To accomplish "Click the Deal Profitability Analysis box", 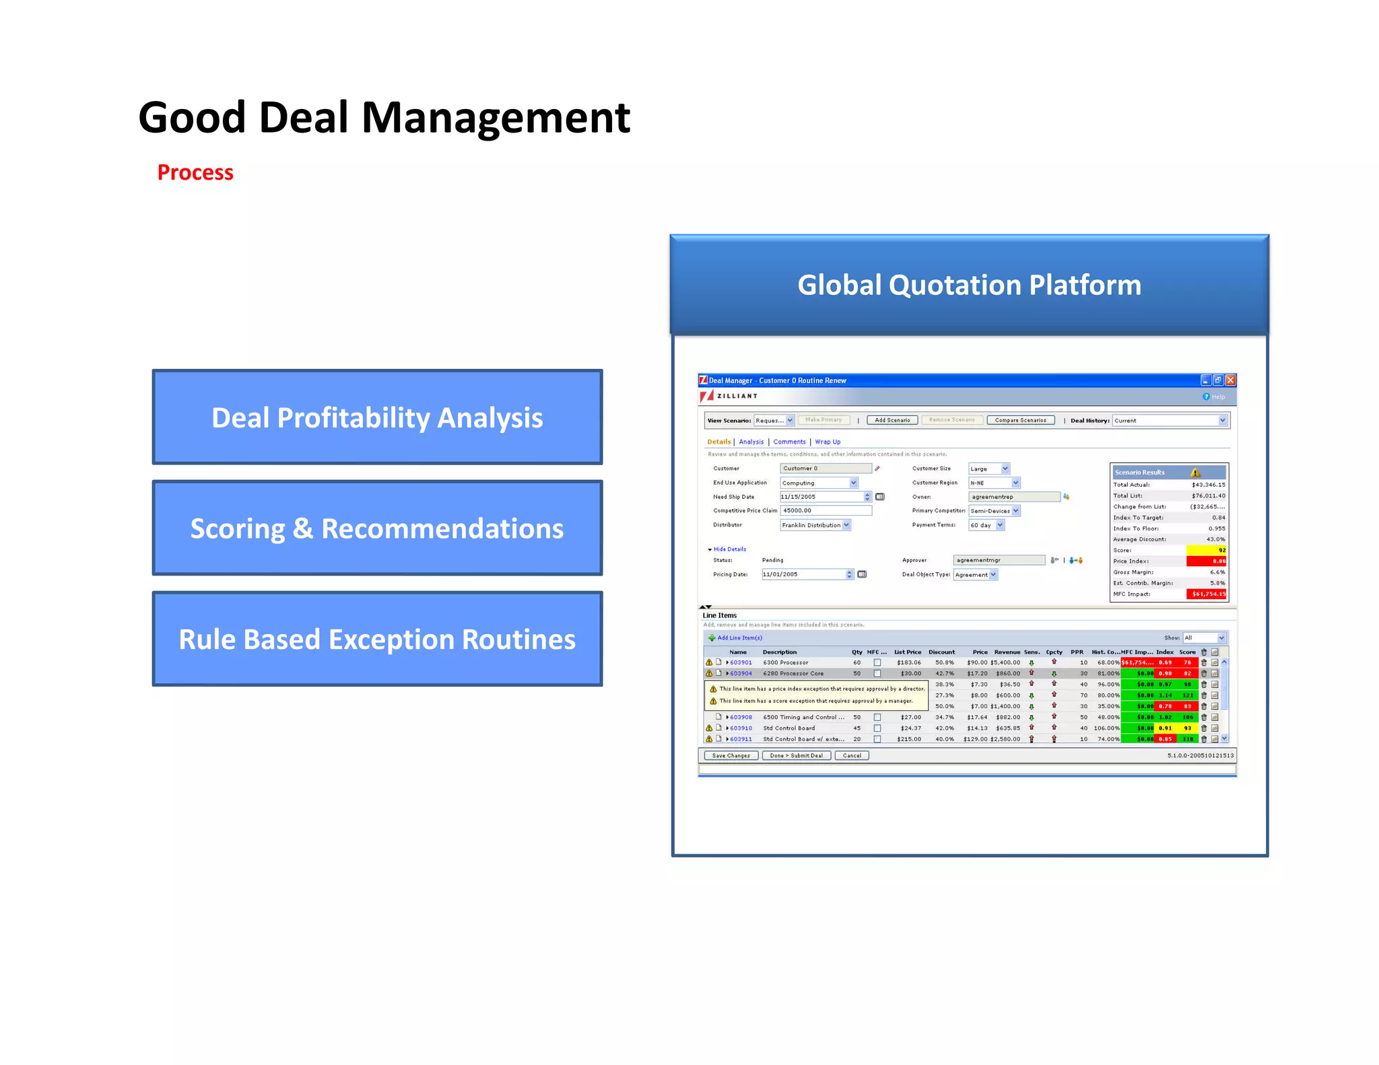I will [377, 417].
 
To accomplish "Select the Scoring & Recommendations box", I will [377, 528].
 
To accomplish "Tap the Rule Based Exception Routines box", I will [377, 639].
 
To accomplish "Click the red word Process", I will [195, 172].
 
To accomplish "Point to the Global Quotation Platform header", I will [969, 285].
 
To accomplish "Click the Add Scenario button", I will [892, 420].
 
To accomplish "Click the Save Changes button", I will [731, 755].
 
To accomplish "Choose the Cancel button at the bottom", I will [852, 755].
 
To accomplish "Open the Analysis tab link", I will [751, 442].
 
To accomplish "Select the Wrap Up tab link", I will [828, 442].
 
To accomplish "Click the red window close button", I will [1230, 380].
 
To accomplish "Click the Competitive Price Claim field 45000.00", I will [826, 510].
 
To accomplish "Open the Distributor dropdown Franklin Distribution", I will [815, 525].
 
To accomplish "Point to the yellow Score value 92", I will [1207, 550].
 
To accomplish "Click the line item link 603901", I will [741, 662].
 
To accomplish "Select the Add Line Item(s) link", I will [739, 638].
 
